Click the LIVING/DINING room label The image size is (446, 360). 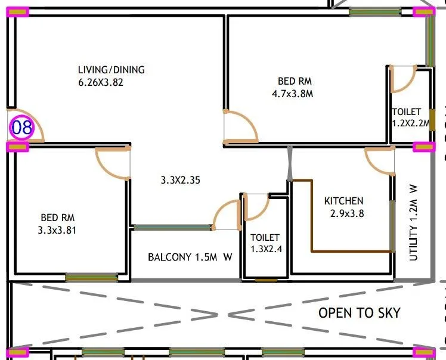pyautogui.click(x=112, y=70)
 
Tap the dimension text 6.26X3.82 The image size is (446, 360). pyautogui.click(x=101, y=83)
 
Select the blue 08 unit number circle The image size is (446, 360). pyautogui.click(x=21, y=127)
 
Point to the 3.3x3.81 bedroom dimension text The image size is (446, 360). pyautogui.click(x=58, y=230)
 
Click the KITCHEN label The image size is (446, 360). pyautogui.click(x=343, y=201)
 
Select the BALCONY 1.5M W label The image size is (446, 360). pyautogui.click(x=190, y=257)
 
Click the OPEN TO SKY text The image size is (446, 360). pyautogui.click(x=360, y=313)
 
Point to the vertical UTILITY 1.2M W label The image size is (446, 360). pyautogui.click(x=414, y=222)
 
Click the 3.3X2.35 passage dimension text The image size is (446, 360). pyautogui.click(x=181, y=179)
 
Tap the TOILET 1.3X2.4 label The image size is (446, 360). pyautogui.click(x=265, y=243)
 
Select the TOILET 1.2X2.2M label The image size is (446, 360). pyautogui.click(x=410, y=117)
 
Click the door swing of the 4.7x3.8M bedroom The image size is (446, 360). pyautogui.click(x=240, y=127)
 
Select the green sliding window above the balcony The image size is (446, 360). pyautogui.click(x=173, y=227)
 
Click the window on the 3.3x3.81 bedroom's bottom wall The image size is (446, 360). pyautogui.click(x=92, y=277)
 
